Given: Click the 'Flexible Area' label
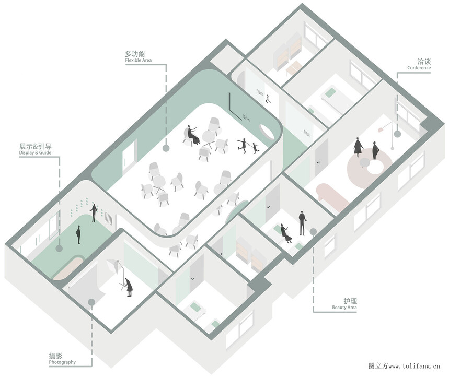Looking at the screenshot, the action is pos(139,61).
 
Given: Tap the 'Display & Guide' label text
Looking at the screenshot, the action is pos(35,152).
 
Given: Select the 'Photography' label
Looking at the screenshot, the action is pos(62,362).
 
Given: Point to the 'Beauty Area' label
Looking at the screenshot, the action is pos(344,308).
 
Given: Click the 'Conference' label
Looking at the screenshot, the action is pos(419,68).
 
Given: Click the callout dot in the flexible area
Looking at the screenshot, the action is pos(166,148).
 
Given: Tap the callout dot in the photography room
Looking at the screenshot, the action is pos(91,302).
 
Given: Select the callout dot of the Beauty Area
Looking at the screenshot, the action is pos(313,231).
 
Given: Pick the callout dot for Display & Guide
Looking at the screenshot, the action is pos(59,248).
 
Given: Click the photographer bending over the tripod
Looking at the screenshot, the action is pos(128,287).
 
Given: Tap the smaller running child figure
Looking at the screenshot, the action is pos(254,148).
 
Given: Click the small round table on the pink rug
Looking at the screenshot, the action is pos(364,163).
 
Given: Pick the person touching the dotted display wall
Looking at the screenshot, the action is pos(94,213).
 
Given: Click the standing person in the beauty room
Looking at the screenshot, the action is pos(302,223).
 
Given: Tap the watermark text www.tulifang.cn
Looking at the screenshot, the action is pos(414,365).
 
